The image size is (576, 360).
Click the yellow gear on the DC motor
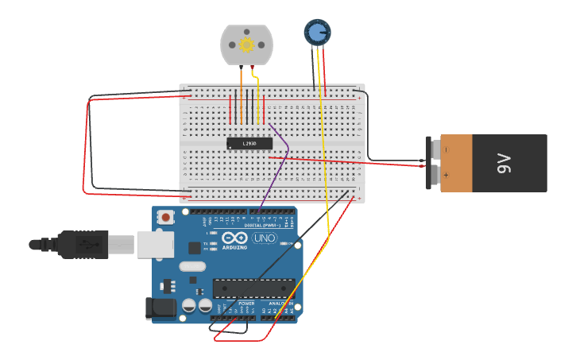coord(246,45)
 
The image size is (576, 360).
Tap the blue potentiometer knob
coord(317,32)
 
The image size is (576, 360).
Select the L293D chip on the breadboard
coord(249,143)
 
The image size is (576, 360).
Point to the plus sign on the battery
coord(446,175)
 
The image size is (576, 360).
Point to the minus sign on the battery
coord(446,149)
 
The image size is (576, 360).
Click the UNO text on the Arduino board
coord(264,238)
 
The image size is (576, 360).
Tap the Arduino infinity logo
coord(235,238)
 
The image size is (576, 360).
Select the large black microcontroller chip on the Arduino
coord(253,289)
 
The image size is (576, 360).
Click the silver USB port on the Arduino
coord(155,245)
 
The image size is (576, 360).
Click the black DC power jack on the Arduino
coord(160,308)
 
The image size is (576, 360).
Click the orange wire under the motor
coord(242,79)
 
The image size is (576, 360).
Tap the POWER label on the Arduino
coord(246,304)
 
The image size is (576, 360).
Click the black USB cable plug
coord(83,244)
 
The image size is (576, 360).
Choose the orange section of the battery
coord(457,163)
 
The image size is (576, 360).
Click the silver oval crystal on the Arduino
coord(191,267)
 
